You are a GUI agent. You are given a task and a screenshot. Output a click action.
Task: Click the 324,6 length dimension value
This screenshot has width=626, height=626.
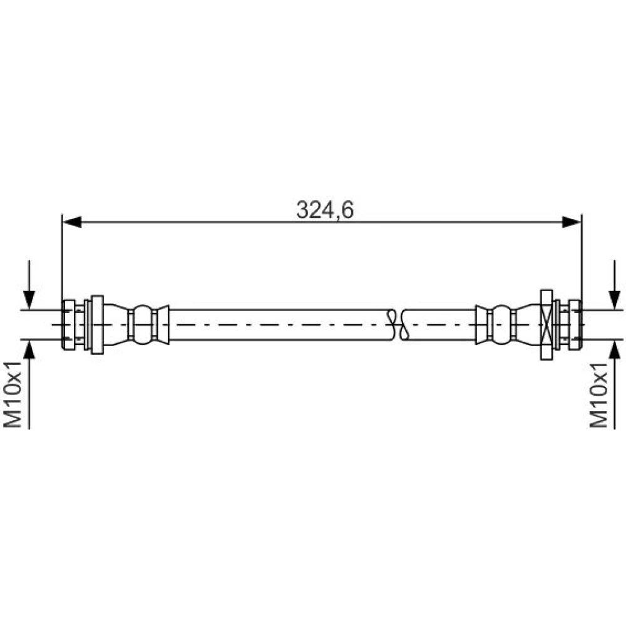coord(324,210)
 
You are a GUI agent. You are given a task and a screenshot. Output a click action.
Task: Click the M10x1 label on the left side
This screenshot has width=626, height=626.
coord(13,394)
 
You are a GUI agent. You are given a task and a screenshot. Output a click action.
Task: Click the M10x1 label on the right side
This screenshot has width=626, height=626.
coord(599,394)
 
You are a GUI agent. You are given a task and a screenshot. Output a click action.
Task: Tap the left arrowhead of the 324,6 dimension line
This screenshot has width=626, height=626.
coord(72,222)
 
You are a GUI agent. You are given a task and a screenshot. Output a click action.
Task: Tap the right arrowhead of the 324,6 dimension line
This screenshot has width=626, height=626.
coord(572,222)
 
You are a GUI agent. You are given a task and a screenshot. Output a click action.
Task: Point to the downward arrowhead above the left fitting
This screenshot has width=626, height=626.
coord(29,300)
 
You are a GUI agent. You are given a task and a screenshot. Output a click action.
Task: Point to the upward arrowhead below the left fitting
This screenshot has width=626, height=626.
coord(29,349)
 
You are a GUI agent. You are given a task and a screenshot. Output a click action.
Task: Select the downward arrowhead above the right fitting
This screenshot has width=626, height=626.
coord(615,300)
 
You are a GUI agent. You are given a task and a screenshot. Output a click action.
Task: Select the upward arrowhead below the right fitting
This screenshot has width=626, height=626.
coord(615,349)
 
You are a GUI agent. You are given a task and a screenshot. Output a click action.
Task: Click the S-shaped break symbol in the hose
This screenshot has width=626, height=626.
coord(398,324)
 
